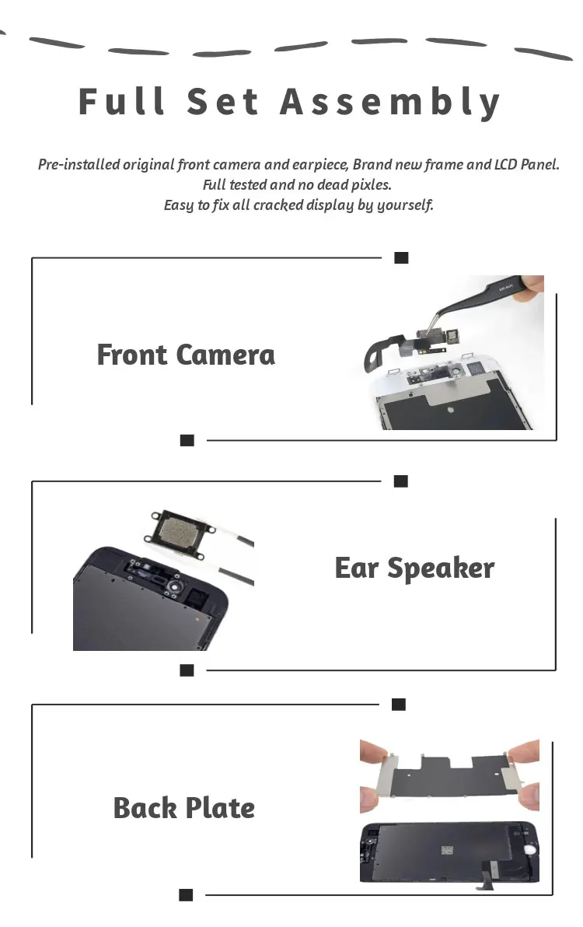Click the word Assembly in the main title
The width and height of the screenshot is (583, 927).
pyautogui.click(x=390, y=103)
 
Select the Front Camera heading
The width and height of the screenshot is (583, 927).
pyautogui.click(x=186, y=355)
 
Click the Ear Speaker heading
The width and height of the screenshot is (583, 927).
pyautogui.click(x=414, y=568)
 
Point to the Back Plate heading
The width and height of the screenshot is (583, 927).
pyautogui.click(x=183, y=807)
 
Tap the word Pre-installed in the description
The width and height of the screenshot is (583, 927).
pyautogui.click(x=79, y=164)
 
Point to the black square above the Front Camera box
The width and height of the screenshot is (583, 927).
pyautogui.click(x=401, y=257)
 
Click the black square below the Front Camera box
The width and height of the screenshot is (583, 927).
pyautogui.click(x=187, y=440)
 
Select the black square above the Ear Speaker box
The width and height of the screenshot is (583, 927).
pyautogui.click(x=400, y=481)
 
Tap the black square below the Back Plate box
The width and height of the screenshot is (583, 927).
pyautogui.click(x=186, y=895)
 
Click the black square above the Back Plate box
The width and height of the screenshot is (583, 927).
pyautogui.click(x=398, y=704)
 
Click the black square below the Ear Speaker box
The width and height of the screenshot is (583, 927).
pyautogui.click(x=186, y=670)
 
